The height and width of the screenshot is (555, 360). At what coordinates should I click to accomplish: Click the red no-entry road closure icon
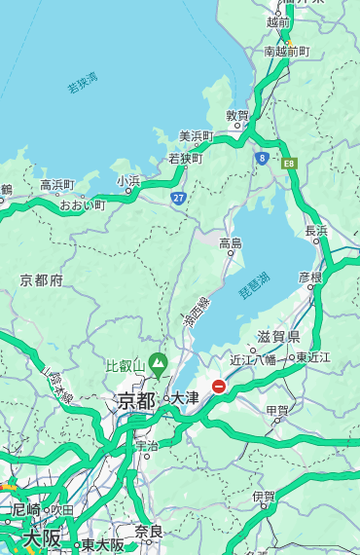(219, 387)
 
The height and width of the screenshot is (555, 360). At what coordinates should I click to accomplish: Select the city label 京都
(136, 400)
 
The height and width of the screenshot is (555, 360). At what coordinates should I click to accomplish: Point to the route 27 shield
(178, 198)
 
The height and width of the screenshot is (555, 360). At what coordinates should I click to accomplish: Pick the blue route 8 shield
(262, 157)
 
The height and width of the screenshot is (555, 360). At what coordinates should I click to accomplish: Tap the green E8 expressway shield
(289, 163)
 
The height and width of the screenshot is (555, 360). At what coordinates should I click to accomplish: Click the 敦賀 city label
(237, 115)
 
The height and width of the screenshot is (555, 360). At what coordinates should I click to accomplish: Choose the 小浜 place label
(128, 180)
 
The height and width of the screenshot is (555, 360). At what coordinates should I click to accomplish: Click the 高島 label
(231, 243)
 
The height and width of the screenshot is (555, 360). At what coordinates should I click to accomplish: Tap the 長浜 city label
(317, 231)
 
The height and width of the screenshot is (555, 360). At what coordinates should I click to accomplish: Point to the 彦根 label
(310, 277)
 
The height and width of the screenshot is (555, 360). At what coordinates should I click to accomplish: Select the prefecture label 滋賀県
(278, 337)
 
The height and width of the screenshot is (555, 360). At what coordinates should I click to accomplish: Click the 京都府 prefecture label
(42, 280)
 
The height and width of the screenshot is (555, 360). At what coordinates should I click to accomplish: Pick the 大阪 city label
(42, 537)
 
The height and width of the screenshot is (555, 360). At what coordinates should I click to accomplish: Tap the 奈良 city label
(148, 532)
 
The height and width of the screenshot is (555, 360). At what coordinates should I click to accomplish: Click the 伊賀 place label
(264, 497)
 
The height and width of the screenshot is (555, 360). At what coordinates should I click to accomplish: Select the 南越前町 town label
(286, 51)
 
